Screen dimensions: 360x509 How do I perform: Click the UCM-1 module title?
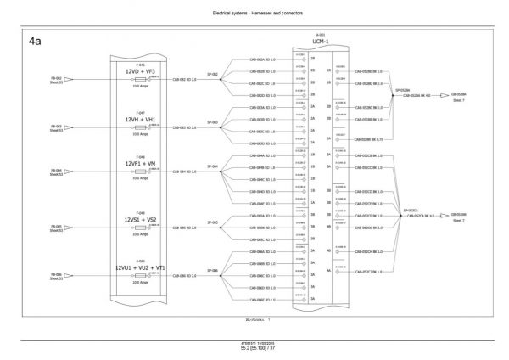click(x=320, y=41)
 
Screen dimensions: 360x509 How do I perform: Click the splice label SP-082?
click(x=214, y=74)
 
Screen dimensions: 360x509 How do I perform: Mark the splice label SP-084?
click(x=214, y=166)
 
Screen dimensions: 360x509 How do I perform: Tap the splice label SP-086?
click(x=214, y=269)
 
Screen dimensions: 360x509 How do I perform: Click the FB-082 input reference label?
click(x=56, y=76)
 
